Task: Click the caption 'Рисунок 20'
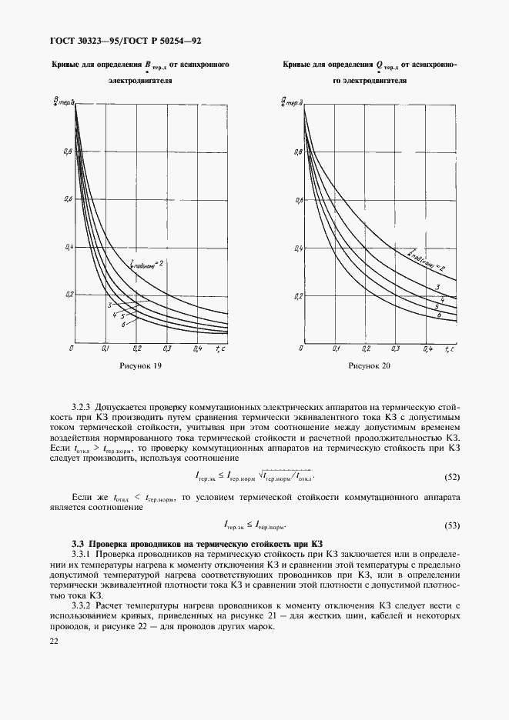coord(370,366)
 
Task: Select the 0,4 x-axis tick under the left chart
coord(197,348)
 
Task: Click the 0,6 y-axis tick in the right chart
coord(299,201)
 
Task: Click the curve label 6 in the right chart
coord(437,315)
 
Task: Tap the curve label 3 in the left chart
coord(111,306)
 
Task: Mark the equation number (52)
coord(452,477)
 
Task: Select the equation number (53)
coord(452,526)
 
